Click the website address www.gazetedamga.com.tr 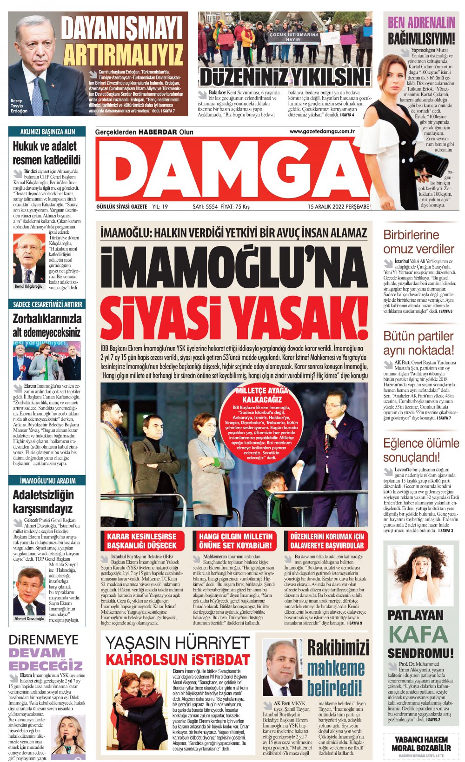(322, 132)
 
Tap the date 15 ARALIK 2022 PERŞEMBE (338, 206)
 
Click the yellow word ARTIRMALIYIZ (123, 55)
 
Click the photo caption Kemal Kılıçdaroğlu (28, 286)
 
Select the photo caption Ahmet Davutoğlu (29, 619)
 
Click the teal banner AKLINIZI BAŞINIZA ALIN (47, 132)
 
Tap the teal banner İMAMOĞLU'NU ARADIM (47, 481)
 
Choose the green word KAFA (418, 634)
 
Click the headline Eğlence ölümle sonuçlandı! (420, 450)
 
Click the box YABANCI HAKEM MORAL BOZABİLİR (421, 743)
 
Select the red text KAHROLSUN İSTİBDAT (178, 660)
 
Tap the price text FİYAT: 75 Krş (235, 206)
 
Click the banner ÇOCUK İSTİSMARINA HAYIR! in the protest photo (294, 37)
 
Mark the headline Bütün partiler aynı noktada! (418, 343)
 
